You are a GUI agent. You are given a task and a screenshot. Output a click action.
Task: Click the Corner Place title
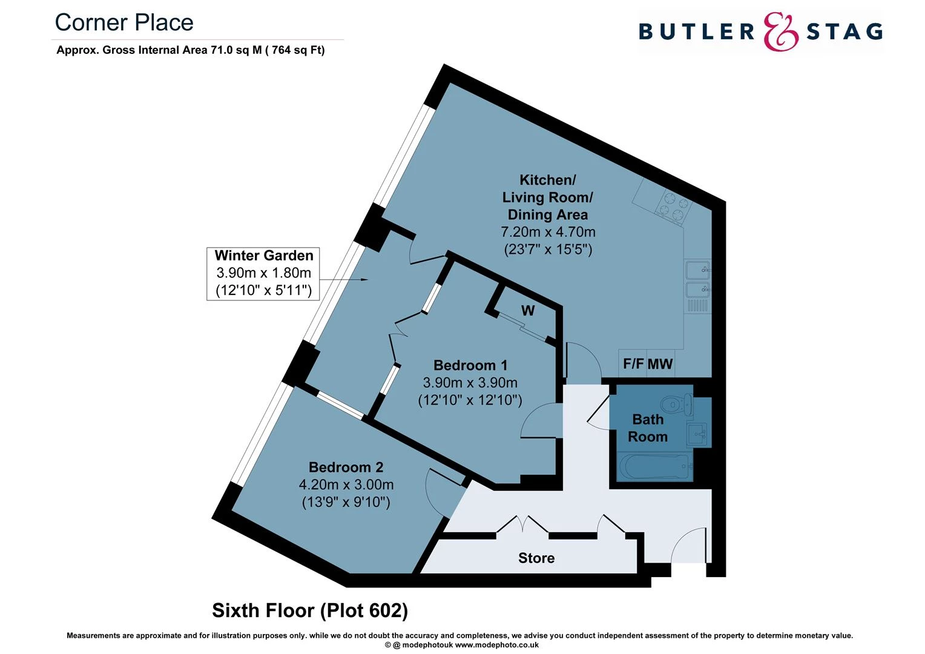[124, 23]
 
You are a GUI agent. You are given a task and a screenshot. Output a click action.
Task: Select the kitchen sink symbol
[697, 279]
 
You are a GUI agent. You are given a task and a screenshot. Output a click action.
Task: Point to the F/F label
[633, 364]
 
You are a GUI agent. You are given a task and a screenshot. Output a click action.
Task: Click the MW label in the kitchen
[660, 364]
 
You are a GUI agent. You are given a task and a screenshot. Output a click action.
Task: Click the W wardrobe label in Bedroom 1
[528, 311]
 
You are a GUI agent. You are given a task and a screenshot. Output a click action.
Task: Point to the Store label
[536, 558]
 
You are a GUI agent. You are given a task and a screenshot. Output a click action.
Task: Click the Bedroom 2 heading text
[346, 467]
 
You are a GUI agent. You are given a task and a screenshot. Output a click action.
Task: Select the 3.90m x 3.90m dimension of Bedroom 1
[470, 383]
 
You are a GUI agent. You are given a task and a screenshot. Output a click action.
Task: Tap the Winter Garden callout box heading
[264, 256]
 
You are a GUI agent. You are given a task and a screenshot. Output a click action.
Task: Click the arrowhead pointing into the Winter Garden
[364, 279]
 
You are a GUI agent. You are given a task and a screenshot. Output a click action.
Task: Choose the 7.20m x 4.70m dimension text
[548, 232]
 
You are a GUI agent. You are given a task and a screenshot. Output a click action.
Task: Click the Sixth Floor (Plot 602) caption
[310, 610]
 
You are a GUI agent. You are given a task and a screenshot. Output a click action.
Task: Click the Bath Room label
[647, 428]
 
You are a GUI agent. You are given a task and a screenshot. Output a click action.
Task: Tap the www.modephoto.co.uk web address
[496, 645]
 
